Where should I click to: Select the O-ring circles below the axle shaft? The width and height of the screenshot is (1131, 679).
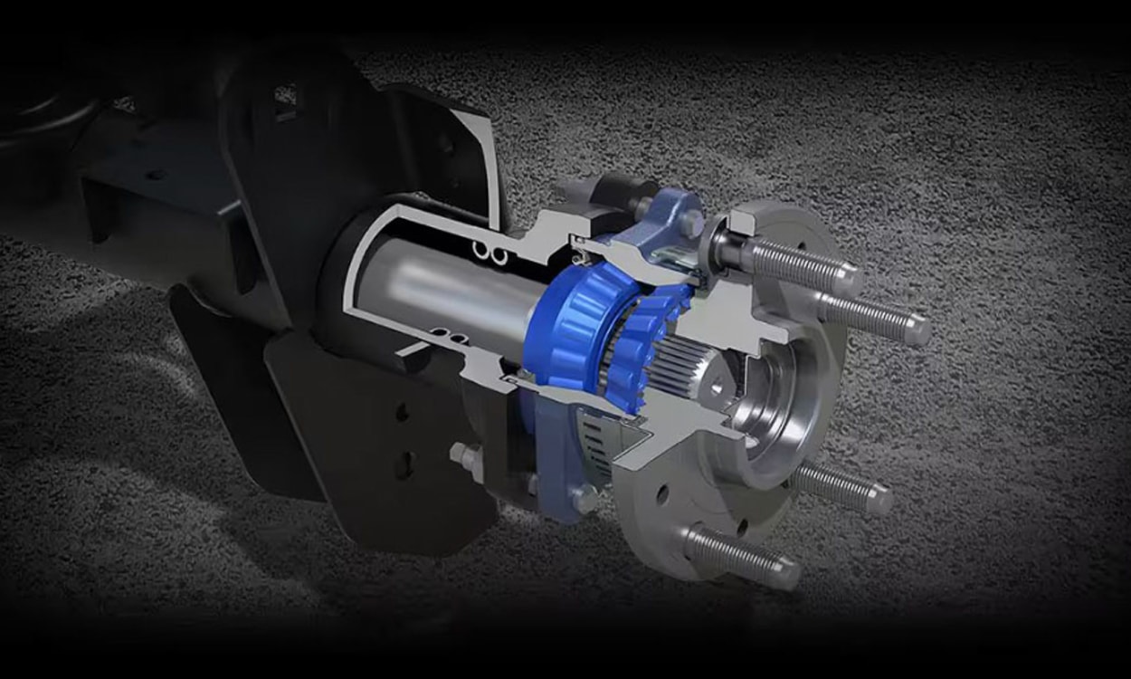(452, 339)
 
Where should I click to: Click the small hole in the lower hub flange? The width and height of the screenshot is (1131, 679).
(662, 494)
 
